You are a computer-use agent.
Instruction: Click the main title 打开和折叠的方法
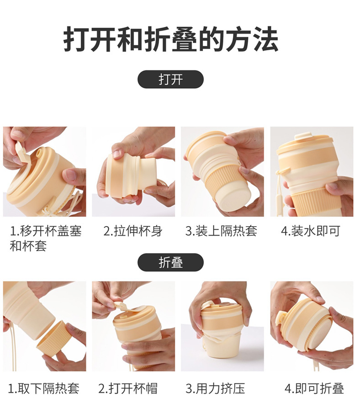[171, 40]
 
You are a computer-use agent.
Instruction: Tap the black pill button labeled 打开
[170, 79]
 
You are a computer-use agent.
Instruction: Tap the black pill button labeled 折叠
[170, 262]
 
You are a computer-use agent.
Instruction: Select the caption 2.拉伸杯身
[132, 231]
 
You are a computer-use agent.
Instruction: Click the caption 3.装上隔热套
[221, 231]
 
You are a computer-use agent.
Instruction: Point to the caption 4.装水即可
[310, 231]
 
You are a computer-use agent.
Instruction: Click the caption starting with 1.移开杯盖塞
[45, 238]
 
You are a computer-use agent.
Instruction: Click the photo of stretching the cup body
[133, 172]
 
